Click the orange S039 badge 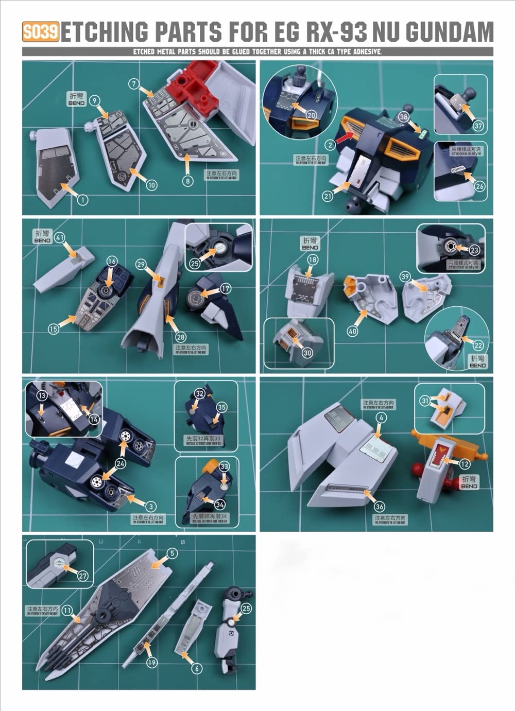(x=41, y=32)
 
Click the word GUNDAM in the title (x=450, y=32)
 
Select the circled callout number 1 (x=82, y=200)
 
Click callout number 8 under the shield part (x=187, y=181)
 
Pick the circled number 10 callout (x=151, y=185)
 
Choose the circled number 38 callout (x=404, y=117)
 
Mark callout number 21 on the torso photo (x=328, y=196)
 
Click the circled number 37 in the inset (x=479, y=126)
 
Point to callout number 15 (x=54, y=329)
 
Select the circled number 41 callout (x=60, y=237)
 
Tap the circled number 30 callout (x=307, y=353)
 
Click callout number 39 (x=405, y=276)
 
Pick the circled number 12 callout (x=465, y=464)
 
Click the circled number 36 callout (x=380, y=507)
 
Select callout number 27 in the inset (x=83, y=576)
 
